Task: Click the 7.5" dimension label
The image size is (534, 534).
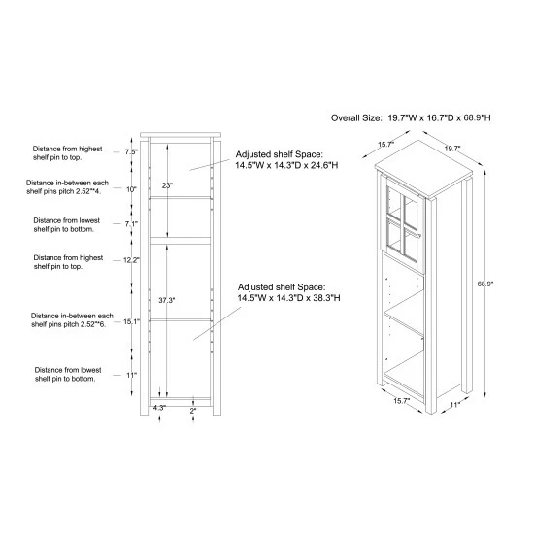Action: coord(131,151)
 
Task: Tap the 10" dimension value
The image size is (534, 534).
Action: coord(131,189)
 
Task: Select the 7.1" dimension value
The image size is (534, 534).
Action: coord(131,224)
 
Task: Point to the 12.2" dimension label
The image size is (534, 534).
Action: coord(131,260)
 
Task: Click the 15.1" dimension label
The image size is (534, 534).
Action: coord(132,321)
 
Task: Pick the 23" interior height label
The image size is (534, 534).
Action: coord(167,185)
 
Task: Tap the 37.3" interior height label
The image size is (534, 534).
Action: coord(167,300)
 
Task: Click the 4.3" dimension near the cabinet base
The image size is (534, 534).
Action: coord(159,408)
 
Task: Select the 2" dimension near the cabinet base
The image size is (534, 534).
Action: coord(193,411)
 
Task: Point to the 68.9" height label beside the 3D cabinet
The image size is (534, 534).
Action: coord(485,284)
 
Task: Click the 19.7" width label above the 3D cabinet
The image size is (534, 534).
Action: coord(452,149)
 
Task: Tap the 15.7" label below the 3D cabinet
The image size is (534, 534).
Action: coord(402,401)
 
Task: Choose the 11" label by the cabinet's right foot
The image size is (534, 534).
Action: coord(455,405)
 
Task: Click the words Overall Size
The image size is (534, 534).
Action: coord(356,118)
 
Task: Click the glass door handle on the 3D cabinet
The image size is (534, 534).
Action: coord(418,235)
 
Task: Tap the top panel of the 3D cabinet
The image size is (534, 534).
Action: coord(423,169)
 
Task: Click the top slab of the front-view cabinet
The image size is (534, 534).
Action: coord(181,135)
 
